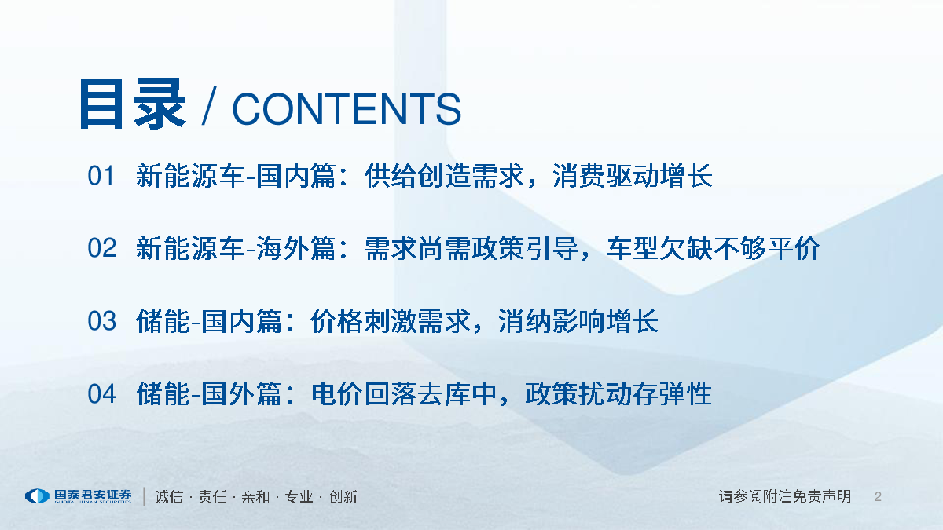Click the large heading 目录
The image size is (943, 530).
tap(133, 104)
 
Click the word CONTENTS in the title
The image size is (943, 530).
tap(347, 109)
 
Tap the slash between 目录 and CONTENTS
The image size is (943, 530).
tap(209, 106)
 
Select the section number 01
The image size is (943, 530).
tap(101, 176)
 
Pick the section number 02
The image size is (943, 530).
tap(101, 248)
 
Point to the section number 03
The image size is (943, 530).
tap(101, 321)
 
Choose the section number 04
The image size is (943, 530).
tap(101, 394)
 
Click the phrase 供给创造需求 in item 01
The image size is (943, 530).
tap(445, 176)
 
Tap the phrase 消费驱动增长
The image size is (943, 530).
tap(633, 176)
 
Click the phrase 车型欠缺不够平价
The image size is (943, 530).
tap(714, 248)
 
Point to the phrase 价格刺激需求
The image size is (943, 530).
tap(391, 321)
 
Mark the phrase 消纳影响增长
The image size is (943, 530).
tap(578, 321)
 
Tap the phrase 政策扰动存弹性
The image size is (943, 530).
tap(619, 394)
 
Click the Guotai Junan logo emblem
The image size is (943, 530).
tap(38, 496)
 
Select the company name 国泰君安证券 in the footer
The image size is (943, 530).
tap(93, 494)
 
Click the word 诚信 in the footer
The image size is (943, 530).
tap(169, 497)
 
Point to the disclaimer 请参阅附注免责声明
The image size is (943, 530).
tap(785, 496)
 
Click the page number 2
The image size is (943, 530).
tap(878, 497)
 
